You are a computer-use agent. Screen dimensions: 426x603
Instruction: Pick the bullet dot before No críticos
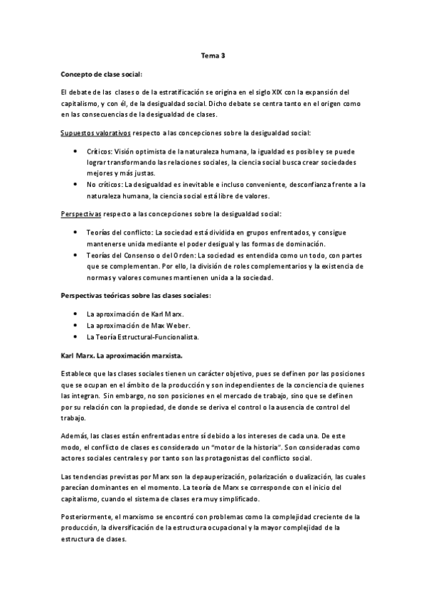75,183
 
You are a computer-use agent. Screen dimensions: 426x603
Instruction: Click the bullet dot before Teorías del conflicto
75,232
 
